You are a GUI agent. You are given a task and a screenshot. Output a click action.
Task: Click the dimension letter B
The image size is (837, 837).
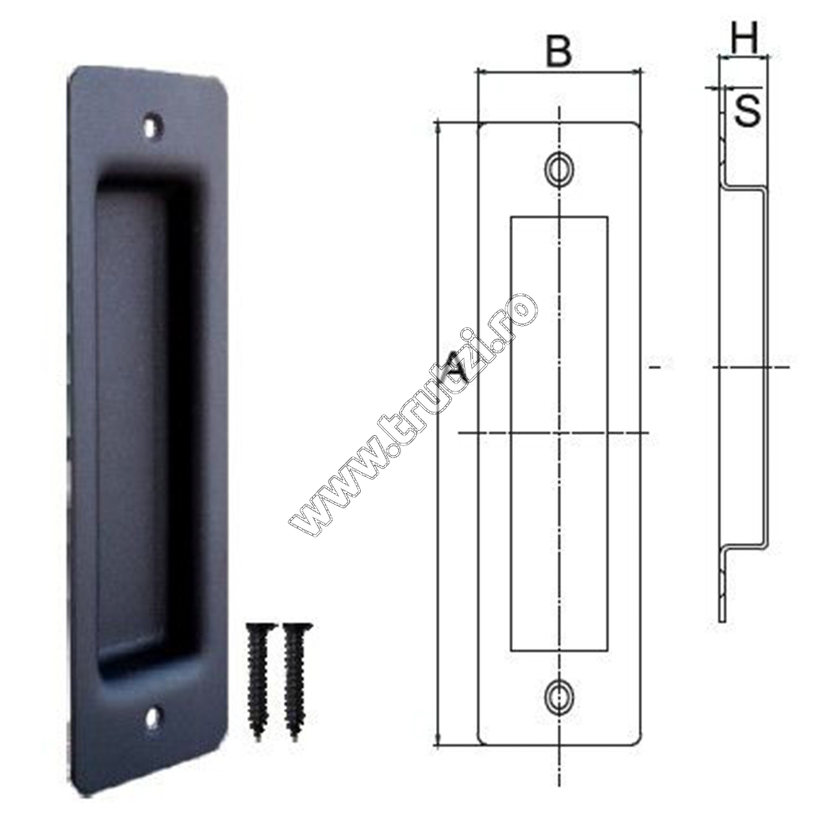pos(559,52)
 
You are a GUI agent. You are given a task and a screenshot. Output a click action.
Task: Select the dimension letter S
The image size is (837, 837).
pos(747,110)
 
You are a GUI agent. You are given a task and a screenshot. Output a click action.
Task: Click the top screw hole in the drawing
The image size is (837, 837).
pos(559,170)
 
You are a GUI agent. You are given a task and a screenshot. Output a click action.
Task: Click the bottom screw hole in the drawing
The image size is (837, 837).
pos(559,696)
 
